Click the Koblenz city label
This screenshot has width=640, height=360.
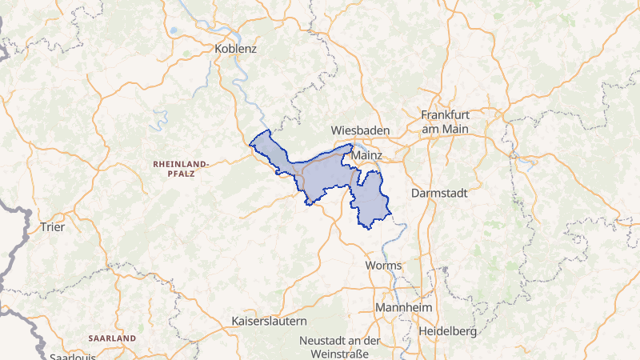[x=236, y=49]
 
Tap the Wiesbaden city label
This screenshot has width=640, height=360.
[x=360, y=130]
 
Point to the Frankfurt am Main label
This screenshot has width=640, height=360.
[x=444, y=122]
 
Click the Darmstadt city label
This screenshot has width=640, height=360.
[x=438, y=194]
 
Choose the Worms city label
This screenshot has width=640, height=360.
[x=382, y=265]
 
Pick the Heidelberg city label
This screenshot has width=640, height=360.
[x=447, y=330]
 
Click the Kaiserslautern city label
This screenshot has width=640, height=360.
[x=269, y=322]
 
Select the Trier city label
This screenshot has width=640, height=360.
[x=51, y=226]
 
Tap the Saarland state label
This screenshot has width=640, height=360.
[x=112, y=338]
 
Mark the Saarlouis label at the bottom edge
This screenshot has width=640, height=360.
[x=72, y=356]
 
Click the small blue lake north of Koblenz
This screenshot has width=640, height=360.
[x=174, y=32]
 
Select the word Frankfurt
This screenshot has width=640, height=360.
[x=444, y=114]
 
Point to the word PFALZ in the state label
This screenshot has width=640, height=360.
[x=181, y=172]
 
